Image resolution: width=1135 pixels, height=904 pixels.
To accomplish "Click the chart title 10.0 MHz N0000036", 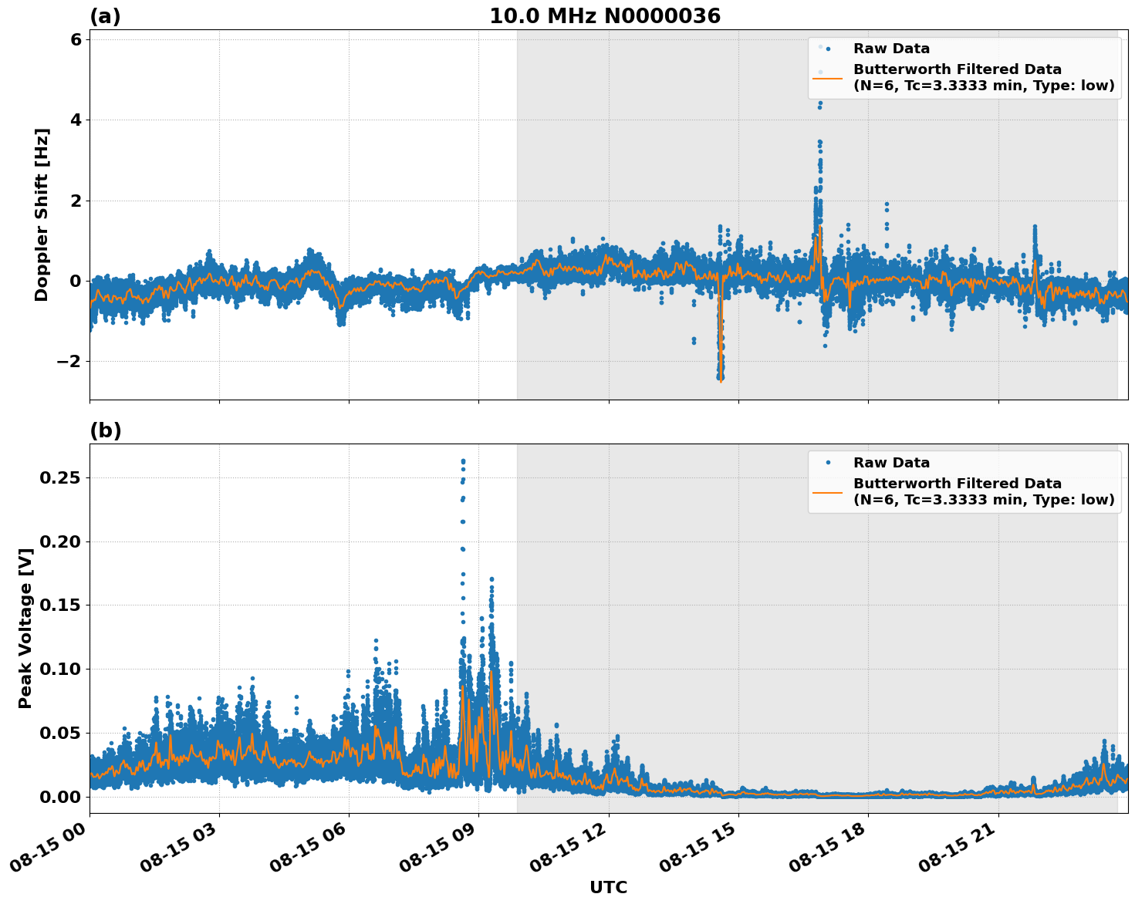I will click(x=604, y=16).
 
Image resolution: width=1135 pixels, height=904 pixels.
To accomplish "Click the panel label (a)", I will click(x=105, y=16).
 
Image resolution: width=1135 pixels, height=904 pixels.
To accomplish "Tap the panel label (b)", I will click(x=105, y=430).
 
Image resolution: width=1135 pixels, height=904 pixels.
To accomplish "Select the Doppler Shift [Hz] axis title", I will click(x=42, y=214).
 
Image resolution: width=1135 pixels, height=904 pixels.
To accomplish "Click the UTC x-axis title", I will click(x=608, y=887).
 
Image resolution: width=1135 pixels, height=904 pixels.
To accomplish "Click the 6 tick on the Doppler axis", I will click(x=75, y=40).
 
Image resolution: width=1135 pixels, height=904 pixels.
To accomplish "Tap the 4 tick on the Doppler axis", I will click(x=75, y=120).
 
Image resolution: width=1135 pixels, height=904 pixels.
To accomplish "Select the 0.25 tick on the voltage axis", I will click(x=60, y=478).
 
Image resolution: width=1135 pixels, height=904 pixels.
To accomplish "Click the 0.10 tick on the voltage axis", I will click(x=60, y=669).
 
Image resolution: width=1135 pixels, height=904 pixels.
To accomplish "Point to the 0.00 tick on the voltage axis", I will click(x=60, y=796).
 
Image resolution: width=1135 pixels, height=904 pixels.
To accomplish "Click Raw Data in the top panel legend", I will click(x=891, y=49).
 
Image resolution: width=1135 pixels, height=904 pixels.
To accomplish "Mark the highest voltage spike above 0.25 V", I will click(x=463, y=461).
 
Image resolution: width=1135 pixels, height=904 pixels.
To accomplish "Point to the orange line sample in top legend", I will click(x=827, y=78).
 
